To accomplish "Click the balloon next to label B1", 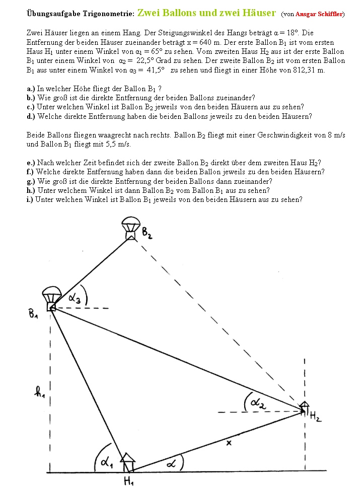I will [51, 298].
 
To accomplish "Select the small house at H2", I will [304, 407].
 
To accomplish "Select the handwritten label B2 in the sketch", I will [147, 233].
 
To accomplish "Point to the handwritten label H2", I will [315, 416].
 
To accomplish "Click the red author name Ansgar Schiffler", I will [319, 15].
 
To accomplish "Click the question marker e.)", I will [31, 163].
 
